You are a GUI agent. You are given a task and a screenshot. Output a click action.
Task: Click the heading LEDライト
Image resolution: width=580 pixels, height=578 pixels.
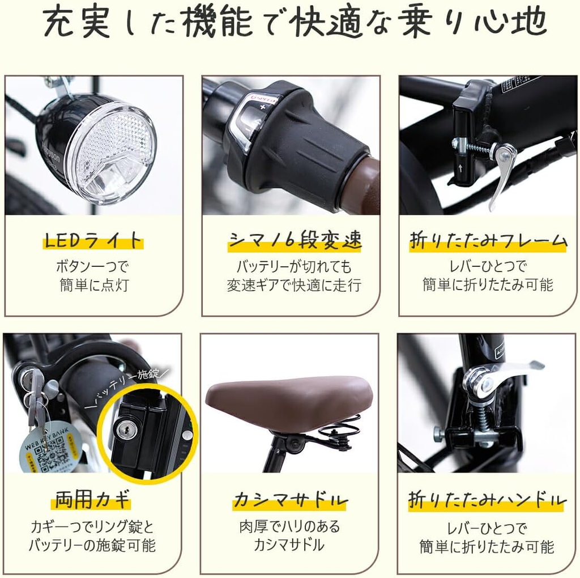[93, 240]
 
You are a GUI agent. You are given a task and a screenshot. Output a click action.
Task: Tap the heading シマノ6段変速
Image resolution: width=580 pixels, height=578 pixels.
[295, 240]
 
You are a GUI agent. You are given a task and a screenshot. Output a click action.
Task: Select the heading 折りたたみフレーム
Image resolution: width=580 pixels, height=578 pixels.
[488, 240]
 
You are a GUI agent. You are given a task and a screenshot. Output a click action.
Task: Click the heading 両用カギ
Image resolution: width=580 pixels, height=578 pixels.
[92, 500]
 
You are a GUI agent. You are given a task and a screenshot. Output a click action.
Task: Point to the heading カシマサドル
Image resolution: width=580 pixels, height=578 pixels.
[290, 500]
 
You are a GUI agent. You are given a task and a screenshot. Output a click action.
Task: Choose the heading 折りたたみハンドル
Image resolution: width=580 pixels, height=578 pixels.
[488, 500]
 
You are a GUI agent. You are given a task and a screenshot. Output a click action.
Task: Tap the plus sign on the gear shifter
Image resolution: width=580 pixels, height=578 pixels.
[263, 107]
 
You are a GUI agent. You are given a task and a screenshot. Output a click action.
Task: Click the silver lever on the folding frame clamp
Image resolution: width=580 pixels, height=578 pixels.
[502, 173]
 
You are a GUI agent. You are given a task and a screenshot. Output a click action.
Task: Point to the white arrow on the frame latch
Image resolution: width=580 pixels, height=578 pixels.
[460, 168]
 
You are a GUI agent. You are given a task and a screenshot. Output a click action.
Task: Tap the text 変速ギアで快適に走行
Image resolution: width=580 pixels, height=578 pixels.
[294, 285]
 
